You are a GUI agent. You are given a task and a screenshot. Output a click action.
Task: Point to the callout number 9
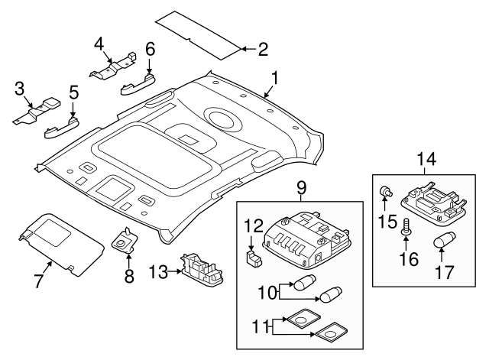301,186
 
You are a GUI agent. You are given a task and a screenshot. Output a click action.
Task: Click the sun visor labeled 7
61,238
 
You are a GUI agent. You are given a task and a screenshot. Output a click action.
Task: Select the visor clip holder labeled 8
123,242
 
